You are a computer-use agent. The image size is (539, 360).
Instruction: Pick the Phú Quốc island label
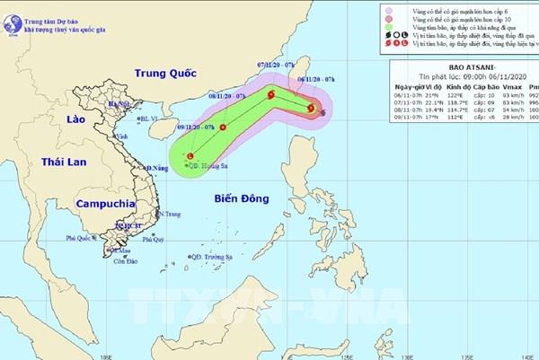(x=78, y=238)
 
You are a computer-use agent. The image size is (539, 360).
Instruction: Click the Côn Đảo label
(x=125, y=261)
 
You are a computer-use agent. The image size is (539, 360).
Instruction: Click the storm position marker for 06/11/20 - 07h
(x=311, y=109)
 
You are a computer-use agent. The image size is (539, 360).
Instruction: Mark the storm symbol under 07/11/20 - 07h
(x=270, y=93)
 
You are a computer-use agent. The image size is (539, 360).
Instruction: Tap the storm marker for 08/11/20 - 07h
(x=222, y=115)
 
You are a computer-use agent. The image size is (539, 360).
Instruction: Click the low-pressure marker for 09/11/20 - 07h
(x=190, y=155)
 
